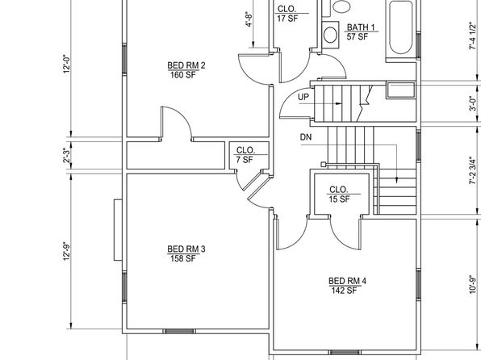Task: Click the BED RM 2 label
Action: tap(186, 70)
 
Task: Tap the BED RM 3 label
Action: tap(186, 253)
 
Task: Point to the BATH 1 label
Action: tap(361, 31)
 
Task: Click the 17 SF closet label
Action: tap(288, 13)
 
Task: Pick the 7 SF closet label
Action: tap(245, 155)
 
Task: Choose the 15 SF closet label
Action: tap(339, 195)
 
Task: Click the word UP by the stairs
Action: tap(303, 97)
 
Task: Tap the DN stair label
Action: tap(306, 137)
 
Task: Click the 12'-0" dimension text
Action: tap(67, 64)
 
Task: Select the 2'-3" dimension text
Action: tap(67, 156)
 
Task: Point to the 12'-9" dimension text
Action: tap(67, 252)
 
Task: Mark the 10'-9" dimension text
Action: tap(473, 284)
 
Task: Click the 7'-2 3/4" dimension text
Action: tap(473, 170)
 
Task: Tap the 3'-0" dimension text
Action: tap(473, 104)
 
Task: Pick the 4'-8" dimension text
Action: tap(249, 19)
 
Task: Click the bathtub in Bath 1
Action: tap(400, 27)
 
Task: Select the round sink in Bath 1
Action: tap(330, 35)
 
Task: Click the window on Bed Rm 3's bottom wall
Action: tap(179, 331)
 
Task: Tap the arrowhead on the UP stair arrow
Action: tap(338, 104)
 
